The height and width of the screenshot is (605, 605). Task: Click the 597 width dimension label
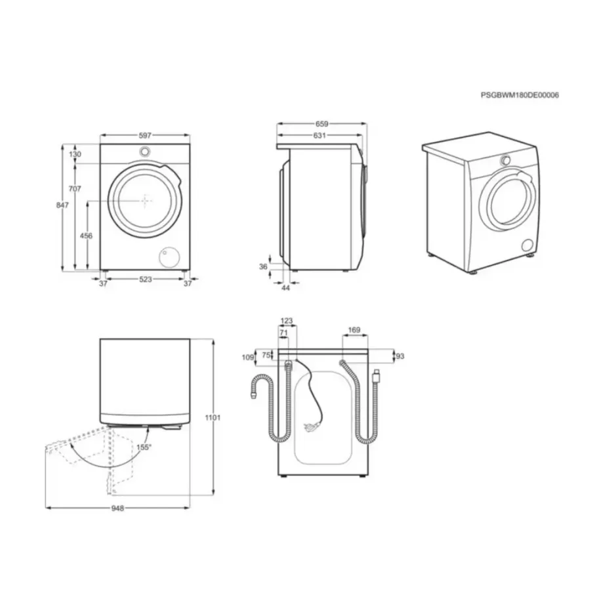145,135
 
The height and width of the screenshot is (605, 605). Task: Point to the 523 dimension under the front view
145,280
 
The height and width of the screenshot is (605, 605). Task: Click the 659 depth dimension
322,123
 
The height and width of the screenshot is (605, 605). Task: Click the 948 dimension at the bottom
117,508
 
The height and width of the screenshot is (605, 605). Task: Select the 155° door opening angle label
144,447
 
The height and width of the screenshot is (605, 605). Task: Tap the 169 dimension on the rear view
354,331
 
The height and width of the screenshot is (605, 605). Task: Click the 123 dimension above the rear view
286,322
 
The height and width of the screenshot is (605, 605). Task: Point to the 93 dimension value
400,356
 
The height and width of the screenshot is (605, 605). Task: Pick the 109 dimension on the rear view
247,358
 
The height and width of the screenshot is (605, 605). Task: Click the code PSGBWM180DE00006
520,95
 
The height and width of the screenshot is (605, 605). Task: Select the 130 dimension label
75,154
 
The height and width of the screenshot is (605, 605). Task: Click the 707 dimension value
75,189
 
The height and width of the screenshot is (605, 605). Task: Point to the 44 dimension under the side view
285,288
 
